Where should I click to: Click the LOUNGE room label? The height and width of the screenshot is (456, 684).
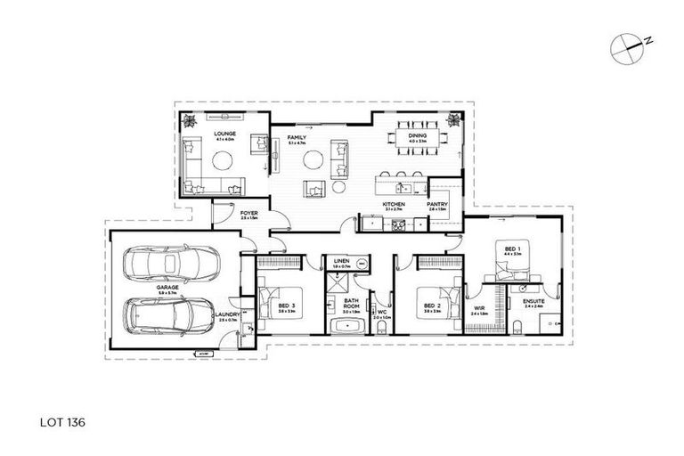click(x=199, y=134)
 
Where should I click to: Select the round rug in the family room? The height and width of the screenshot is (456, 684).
click(x=313, y=160)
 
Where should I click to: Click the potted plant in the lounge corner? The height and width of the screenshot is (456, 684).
click(x=188, y=120)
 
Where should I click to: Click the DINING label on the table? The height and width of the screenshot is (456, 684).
click(x=418, y=135)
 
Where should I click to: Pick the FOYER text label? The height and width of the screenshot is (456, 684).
click(x=249, y=214)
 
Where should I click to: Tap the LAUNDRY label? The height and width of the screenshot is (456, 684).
click(x=229, y=313)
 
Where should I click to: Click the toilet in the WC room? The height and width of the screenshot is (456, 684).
click(x=381, y=330)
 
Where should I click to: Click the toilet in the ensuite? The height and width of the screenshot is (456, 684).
click(x=558, y=325)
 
